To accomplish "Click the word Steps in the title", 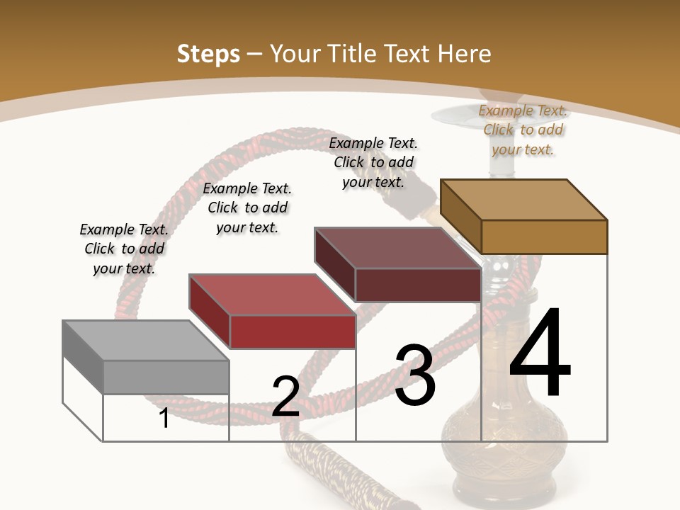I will pos(208,54).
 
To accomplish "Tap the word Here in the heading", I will pos(464,54).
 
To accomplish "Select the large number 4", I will pos(540,353).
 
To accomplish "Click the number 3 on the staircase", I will pos(414,375).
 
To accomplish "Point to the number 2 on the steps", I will pos(285,397).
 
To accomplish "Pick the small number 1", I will pos(164,418).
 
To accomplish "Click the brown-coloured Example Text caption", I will pos(523,130).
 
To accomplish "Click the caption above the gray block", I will pos(124,249).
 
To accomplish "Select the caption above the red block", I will pos(247,208).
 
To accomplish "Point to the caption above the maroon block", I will pos(373,162).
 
